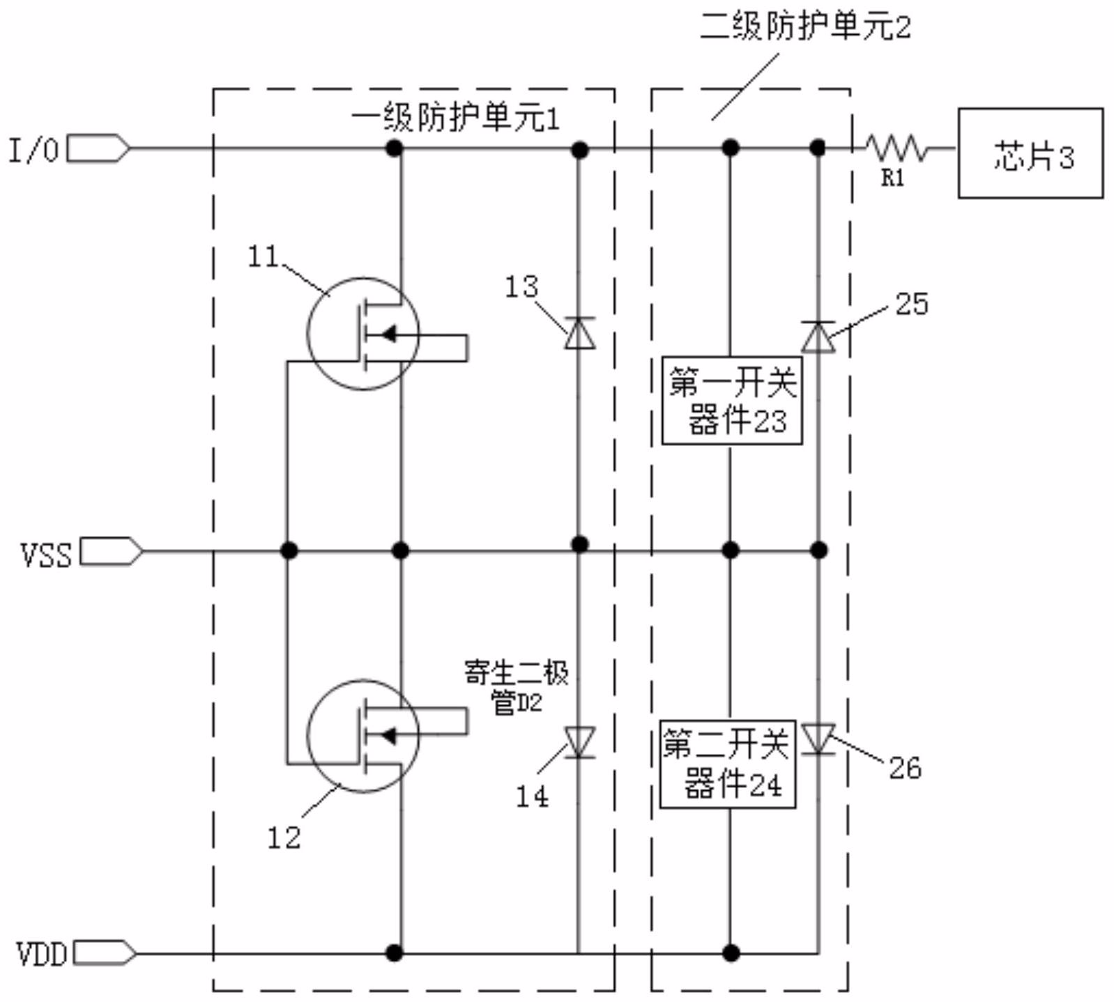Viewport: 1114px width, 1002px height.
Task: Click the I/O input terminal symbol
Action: [98, 148]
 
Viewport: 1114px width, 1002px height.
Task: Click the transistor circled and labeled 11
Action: [363, 334]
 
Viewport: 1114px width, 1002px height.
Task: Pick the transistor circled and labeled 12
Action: [363, 736]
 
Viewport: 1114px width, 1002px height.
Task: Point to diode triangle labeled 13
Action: [579, 332]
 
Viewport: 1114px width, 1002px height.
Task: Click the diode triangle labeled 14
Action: [579, 742]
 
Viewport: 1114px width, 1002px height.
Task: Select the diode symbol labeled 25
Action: [818, 337]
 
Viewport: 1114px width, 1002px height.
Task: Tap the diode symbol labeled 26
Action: [818, 739]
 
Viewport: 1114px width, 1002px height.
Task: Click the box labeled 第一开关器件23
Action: [732, 401]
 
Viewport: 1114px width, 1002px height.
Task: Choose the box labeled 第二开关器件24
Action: [728, 764]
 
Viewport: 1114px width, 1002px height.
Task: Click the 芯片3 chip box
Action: [1030, 153]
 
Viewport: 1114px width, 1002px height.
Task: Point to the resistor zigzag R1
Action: [896, 148]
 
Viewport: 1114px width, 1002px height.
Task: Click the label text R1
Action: [893, 178]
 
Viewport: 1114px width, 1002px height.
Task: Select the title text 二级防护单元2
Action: [805, 27]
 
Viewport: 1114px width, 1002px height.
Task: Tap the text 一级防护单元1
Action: [455, 119]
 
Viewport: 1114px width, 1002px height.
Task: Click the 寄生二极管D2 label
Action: [517, 688]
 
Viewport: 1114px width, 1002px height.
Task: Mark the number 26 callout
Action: [905, 768]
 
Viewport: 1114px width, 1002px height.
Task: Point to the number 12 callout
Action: [284, 838]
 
